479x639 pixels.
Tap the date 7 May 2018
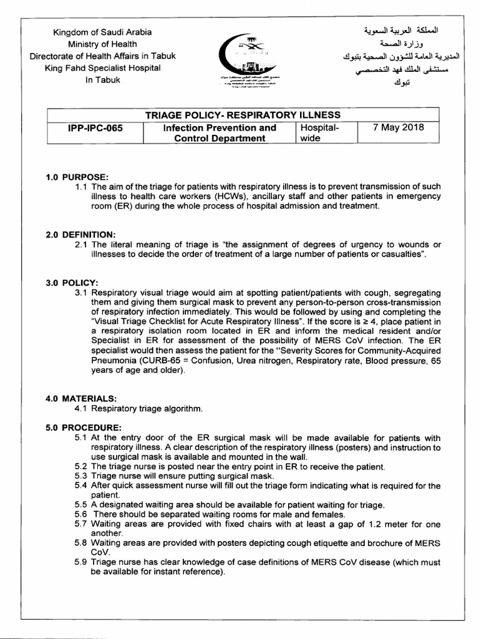(x=398, y=127)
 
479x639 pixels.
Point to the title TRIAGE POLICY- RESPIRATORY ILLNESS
(x=243, y=115)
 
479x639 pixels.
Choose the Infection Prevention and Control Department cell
(x=220, y=133)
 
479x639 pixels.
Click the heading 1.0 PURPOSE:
(x=76, y=177)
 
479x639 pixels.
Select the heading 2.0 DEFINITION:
(x=80, y=234)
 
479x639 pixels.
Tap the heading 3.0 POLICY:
(x=72, y=283)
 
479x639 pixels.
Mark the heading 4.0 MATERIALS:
(x=81, y=398)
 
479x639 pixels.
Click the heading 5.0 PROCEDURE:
(x=83, y=427)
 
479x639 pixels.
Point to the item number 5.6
(x=81, y=515)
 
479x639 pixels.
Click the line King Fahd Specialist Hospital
(x=103, y=67)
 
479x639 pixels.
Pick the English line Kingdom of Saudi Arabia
(x=103, y=32)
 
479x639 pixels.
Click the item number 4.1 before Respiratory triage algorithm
(x=81, y=409)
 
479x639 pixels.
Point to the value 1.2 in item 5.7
(x=375, y=525)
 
